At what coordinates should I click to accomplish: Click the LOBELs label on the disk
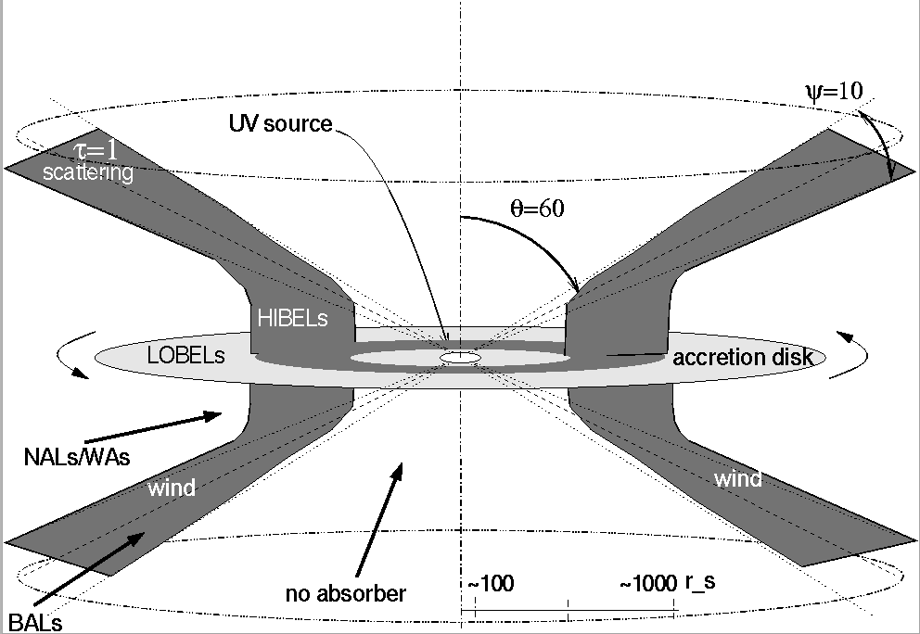pos(186,355)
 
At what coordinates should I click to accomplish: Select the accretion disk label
pos(742,357)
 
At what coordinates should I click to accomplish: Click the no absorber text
pos(346,592)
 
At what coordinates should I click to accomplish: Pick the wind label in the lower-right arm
pos(737,479)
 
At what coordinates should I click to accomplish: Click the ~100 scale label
pos(491,584)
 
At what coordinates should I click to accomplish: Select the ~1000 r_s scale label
pos(667,584)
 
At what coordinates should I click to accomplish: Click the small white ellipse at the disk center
pos(460,357)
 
